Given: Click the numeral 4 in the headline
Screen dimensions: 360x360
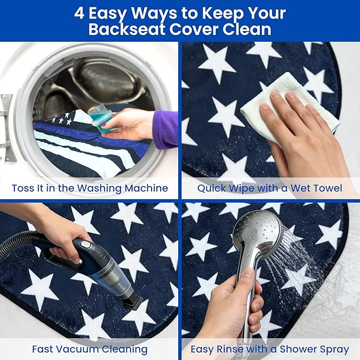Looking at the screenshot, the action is coord(79,13).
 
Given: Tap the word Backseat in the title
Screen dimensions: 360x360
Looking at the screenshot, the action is coord(127,29).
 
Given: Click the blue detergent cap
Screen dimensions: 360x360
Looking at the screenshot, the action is coord(101,118).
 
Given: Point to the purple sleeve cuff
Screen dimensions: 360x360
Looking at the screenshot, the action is coord(165,129).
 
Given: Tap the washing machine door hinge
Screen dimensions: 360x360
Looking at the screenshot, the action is coord(5,127).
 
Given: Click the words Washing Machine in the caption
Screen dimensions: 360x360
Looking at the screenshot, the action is coord(122,188).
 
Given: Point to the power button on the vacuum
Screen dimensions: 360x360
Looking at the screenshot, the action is coord(86,244).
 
